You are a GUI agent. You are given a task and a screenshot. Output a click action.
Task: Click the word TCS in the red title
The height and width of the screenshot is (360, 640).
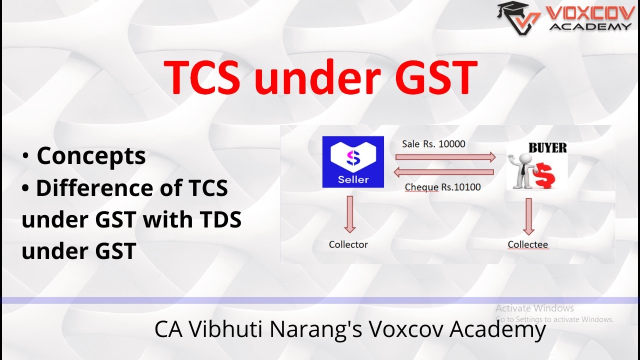click(202, 76)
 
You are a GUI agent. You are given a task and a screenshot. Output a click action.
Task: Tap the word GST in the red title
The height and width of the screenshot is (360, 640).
click(436, 76)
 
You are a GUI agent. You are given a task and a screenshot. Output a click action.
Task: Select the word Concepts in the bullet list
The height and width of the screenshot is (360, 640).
click(91, 156)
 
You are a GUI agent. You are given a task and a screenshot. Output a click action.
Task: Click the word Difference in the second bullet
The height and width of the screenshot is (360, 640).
click(95, 187)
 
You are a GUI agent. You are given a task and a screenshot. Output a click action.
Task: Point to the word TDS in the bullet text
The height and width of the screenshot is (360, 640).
click(217, 219)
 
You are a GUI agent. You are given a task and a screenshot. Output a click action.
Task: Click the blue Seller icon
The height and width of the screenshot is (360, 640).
click(353, 161)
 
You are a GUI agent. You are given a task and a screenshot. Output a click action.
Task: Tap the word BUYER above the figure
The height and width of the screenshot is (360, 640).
click(547, 147)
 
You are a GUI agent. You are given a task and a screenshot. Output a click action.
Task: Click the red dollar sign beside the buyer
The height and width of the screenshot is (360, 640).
click(545, 175)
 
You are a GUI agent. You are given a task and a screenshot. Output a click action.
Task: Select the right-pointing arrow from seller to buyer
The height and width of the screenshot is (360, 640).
click(445, 157)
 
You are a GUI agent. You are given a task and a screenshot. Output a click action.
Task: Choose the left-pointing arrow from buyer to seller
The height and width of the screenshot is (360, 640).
click(443, 172)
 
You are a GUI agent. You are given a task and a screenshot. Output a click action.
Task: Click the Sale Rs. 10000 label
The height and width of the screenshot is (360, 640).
click(433, 144)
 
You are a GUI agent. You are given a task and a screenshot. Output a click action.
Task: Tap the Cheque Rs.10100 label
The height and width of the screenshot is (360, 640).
click(442, 187)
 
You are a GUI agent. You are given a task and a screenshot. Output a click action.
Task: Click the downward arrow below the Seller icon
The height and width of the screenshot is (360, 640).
click(349, 214)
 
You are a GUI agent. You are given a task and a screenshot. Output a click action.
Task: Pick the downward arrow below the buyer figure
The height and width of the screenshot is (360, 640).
click(528, 216)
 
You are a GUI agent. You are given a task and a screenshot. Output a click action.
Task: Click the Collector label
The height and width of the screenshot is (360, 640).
click(348, 244)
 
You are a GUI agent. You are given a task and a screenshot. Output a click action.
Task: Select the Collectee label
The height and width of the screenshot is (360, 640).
click(527, 244)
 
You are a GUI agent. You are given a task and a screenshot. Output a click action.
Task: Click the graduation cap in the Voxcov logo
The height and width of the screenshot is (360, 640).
click(513, 8)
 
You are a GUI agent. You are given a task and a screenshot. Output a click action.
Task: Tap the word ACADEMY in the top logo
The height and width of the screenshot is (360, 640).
click(590, 26)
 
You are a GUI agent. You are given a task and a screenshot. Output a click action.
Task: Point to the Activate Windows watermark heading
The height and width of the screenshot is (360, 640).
click(534, 308)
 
